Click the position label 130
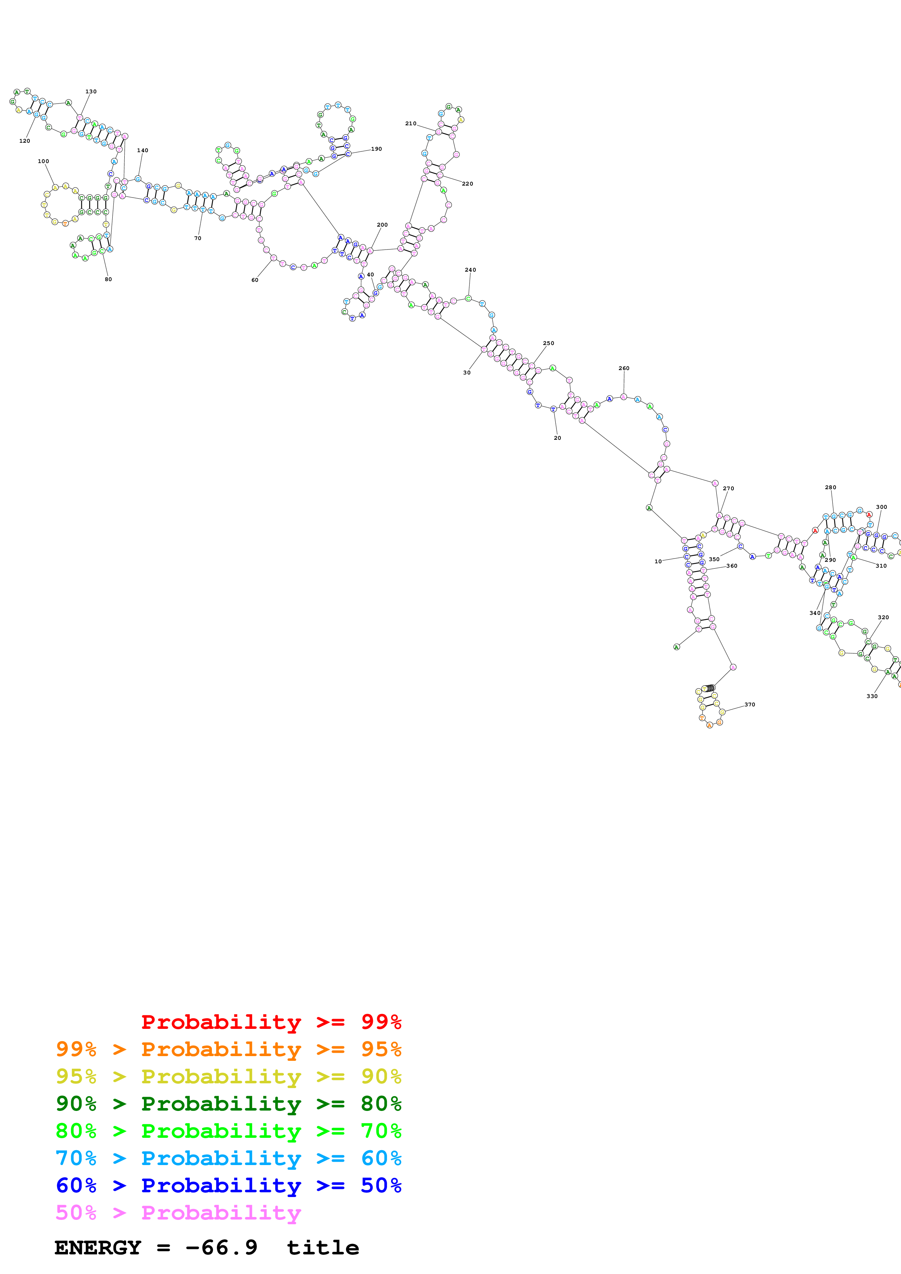tap(91, 92)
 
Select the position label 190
tap(377, 149)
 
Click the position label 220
tap(467, 184)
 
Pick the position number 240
tap(470, 270)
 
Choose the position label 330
tap(872, 696)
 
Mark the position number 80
tap(108, 280)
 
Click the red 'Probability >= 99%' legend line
tap(271, 1022)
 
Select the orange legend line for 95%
tap(228, 1049)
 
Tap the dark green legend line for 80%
tap(228, 1104)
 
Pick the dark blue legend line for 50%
tap(228, 1185)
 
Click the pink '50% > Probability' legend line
tap(178, 1212)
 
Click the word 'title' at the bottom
tap(322, 1248)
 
